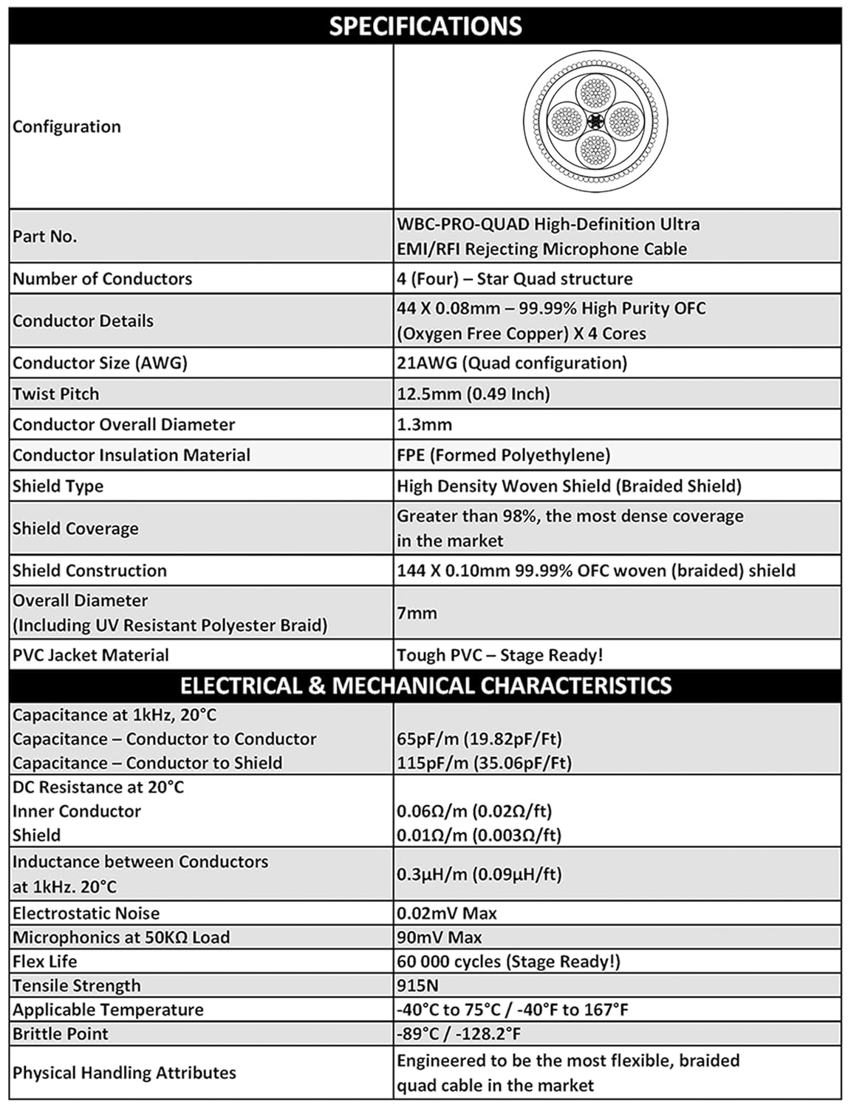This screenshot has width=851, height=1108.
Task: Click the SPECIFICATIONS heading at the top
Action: [x=425, y=26]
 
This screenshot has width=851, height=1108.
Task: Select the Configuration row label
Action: [x=66, y=126]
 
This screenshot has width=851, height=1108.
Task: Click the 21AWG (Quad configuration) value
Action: [x=511, y=363]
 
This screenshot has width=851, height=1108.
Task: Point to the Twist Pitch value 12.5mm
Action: [x=473, y=394]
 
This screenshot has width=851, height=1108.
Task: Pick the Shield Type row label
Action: [x=58, y=486]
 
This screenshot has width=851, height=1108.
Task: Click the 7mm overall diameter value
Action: [x=417, y=612]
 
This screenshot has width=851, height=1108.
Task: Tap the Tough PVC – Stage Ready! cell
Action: [x=499, y=655]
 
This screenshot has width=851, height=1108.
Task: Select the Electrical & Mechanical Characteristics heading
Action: [x=425, y=685]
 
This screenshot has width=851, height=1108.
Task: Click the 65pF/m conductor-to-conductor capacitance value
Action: [x=479, y=739]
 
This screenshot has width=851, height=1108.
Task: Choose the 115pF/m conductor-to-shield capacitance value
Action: [x=484, y=763]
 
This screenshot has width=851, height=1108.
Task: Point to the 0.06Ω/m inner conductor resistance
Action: [x=474, y=811]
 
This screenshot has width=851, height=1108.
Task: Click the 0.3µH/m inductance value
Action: [x=479, y=874]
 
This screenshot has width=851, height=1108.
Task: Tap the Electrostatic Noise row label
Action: [x=86, y=913]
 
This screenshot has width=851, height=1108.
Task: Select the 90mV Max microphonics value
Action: [x=439, y=937]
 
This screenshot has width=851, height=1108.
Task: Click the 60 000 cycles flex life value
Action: [x=508, y=961]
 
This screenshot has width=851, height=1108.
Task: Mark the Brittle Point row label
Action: [x=60, y=1033]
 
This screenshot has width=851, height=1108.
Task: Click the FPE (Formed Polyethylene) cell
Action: [x=503, y=455]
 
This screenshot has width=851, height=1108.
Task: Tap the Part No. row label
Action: [x=44, y=236]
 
